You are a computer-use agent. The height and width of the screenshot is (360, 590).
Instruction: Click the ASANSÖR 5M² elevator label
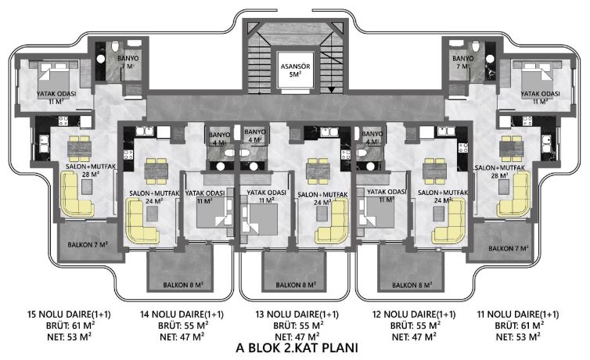point(295,70)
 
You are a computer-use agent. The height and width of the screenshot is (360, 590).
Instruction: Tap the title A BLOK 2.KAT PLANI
point(297,347)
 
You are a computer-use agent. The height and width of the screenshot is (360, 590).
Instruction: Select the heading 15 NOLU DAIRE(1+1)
point(69,314)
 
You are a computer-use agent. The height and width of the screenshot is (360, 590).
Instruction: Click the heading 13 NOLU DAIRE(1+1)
point(297,314)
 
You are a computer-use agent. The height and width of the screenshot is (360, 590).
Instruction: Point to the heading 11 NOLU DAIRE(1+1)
point(518,314)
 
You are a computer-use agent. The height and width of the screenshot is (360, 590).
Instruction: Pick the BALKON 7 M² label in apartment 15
point(88,245)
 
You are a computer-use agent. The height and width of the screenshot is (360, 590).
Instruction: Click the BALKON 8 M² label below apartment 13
point(296,285)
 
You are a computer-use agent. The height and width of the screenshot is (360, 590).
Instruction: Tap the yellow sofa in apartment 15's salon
point(76,194)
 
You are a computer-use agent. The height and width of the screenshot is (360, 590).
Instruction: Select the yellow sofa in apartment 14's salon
point(141,221)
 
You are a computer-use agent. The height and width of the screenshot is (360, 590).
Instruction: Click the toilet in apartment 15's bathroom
point(115,46)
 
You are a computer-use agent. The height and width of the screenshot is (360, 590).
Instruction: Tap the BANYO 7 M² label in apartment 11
point(462,62)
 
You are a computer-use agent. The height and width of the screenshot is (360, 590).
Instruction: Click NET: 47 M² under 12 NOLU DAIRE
point(414,337)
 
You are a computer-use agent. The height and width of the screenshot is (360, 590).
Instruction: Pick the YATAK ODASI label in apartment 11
point(540,94)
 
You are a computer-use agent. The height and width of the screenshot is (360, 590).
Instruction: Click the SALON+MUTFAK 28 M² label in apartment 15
point(90,170)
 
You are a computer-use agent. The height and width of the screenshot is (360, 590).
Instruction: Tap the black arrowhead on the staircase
point(331,90)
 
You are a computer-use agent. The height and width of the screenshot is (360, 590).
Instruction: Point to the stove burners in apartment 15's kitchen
point(63,121)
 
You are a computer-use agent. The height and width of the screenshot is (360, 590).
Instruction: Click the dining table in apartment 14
point(156,171)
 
